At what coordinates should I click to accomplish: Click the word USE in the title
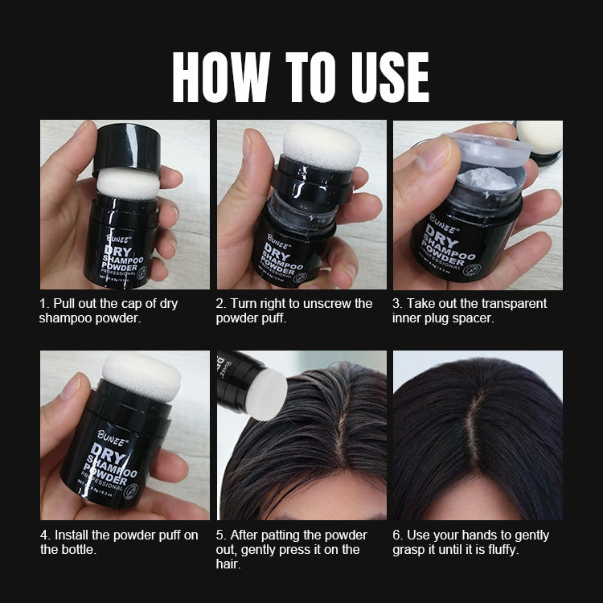tap(384, 77)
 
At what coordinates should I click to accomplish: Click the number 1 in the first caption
tap(43, 304)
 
